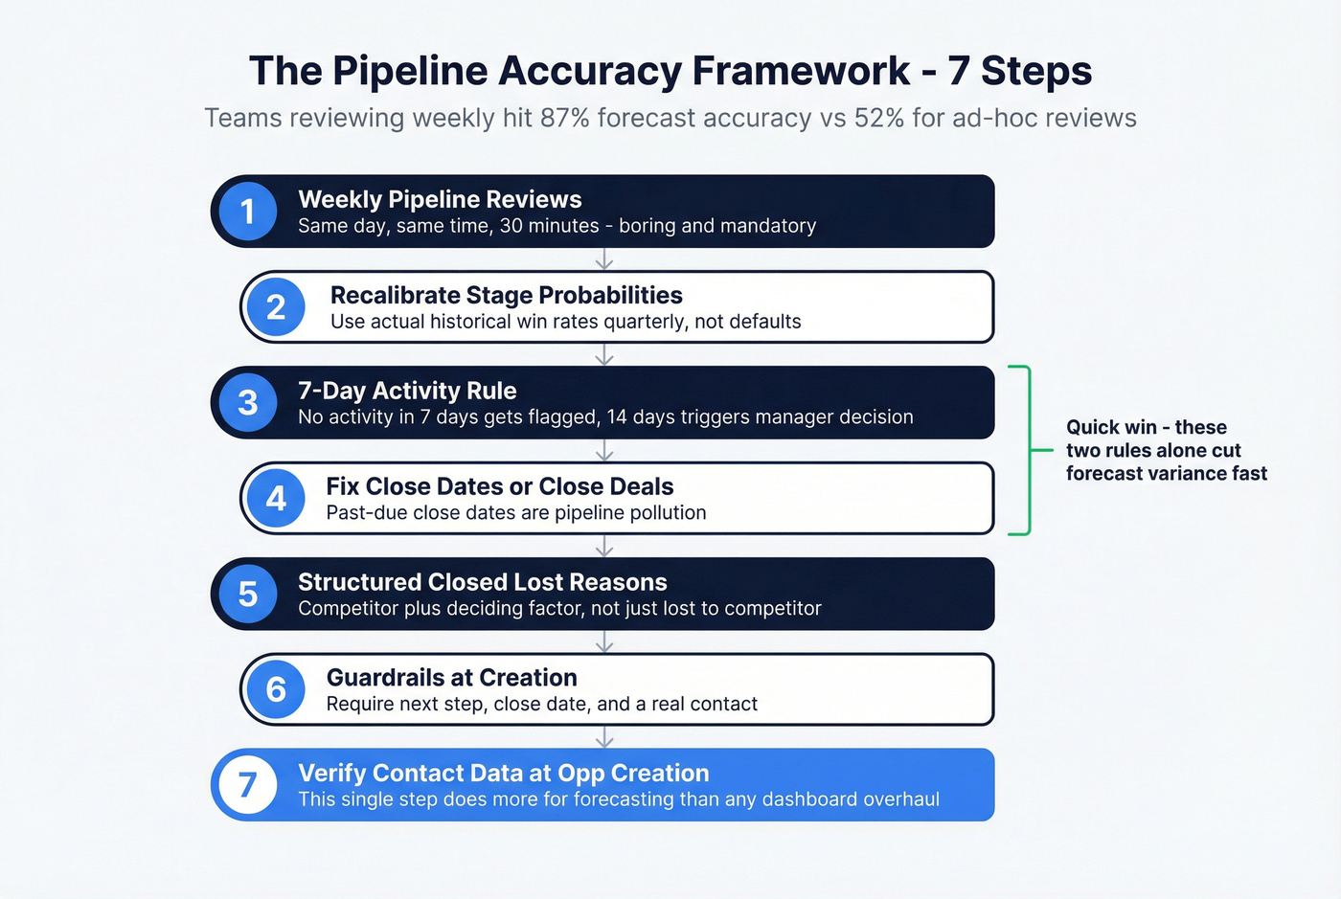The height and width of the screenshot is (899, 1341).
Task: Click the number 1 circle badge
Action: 248,212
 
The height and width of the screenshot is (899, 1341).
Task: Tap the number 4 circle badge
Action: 276,499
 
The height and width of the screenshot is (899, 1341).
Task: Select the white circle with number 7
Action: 248,785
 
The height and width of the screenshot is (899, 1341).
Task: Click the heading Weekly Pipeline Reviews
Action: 440,199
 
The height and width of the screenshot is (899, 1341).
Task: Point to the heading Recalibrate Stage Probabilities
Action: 506,295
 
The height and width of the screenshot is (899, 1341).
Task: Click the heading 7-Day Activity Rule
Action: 407,391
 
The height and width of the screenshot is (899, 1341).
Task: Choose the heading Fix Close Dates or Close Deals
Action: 499,486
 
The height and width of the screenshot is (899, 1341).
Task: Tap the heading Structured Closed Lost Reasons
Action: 482,582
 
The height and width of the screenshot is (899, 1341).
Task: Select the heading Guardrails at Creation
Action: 451,678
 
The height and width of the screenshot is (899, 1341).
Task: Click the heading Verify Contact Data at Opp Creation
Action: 503,773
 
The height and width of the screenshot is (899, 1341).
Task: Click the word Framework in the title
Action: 801,72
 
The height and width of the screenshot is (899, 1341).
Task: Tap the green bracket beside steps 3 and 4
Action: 1029,450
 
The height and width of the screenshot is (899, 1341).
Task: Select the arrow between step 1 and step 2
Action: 603,259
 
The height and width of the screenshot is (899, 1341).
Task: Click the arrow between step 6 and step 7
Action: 603,737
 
